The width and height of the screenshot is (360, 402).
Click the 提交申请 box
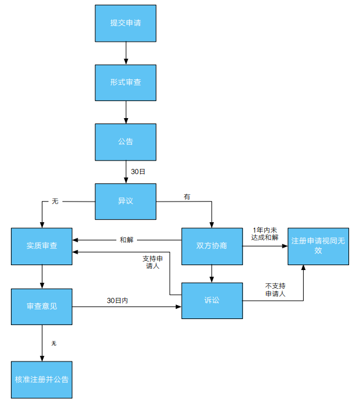125,23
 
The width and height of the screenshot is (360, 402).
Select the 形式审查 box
125,82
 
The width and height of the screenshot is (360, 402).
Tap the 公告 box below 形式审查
125,142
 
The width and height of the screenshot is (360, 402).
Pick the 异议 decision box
125,201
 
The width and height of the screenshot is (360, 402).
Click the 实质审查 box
42,246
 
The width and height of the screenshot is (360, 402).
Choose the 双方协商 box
212,246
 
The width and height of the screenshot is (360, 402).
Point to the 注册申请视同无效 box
318,246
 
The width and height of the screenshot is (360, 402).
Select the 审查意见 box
42,306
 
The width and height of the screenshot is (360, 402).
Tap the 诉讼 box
212,300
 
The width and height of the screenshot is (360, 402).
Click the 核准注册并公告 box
42,380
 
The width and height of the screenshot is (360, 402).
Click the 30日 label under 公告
138,171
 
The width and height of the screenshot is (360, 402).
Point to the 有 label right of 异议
187,197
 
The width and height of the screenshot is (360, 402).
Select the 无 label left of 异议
55,200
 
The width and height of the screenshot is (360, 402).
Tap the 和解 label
127,240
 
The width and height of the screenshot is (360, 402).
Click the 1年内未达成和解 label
264,234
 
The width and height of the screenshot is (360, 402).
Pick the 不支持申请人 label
275,290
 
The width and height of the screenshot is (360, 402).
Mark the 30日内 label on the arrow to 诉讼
118,301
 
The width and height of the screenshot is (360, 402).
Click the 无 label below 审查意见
53,343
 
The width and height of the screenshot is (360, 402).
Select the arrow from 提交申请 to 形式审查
125,53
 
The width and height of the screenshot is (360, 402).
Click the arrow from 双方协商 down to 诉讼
212,274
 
